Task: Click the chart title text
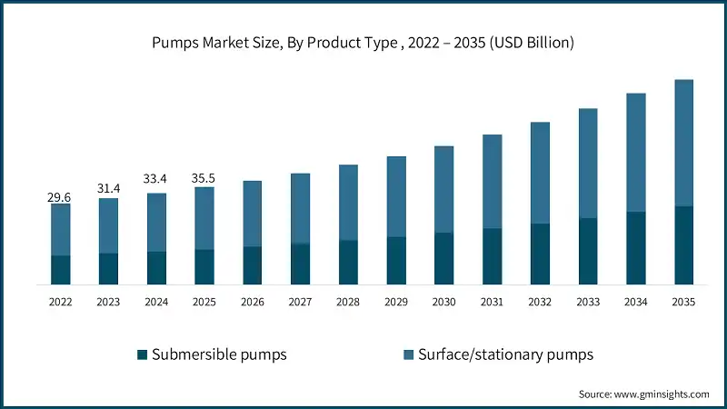click(363, 43)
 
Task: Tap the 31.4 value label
click(108, 188)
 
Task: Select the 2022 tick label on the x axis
click(60, 302)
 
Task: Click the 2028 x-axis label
click(348, 302)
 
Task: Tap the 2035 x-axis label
click(684, 302)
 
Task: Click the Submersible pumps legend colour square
click(141, 354)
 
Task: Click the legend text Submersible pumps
click(219, 354)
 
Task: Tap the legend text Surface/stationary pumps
click(505, 354)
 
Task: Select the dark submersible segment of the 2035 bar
click(684, 245)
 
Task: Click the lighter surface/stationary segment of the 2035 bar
click(684, 143)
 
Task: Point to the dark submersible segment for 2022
click(60, 270)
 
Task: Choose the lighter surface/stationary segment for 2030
click(444, 189)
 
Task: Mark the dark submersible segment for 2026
click(252, 265)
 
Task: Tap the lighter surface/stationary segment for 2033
click(588, 164)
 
